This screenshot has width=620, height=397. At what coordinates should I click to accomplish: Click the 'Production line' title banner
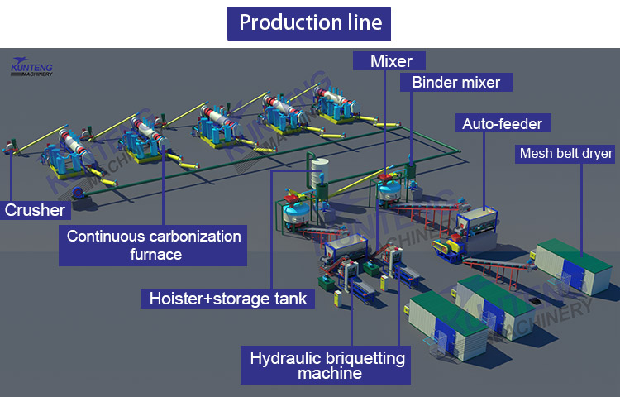310,22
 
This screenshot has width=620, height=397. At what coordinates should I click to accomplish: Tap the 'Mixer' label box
390,60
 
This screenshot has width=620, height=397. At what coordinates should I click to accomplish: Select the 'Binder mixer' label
455,82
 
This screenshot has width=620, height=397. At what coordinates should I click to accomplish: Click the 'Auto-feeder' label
502,124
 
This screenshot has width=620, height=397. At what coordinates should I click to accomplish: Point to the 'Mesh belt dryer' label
565,153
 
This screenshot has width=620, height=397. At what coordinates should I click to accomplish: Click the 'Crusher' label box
34,210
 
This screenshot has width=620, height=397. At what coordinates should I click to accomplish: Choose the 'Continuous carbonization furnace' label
154,245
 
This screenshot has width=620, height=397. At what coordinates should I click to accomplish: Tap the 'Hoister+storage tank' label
227,298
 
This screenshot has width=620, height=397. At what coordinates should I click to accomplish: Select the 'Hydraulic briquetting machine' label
328,366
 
